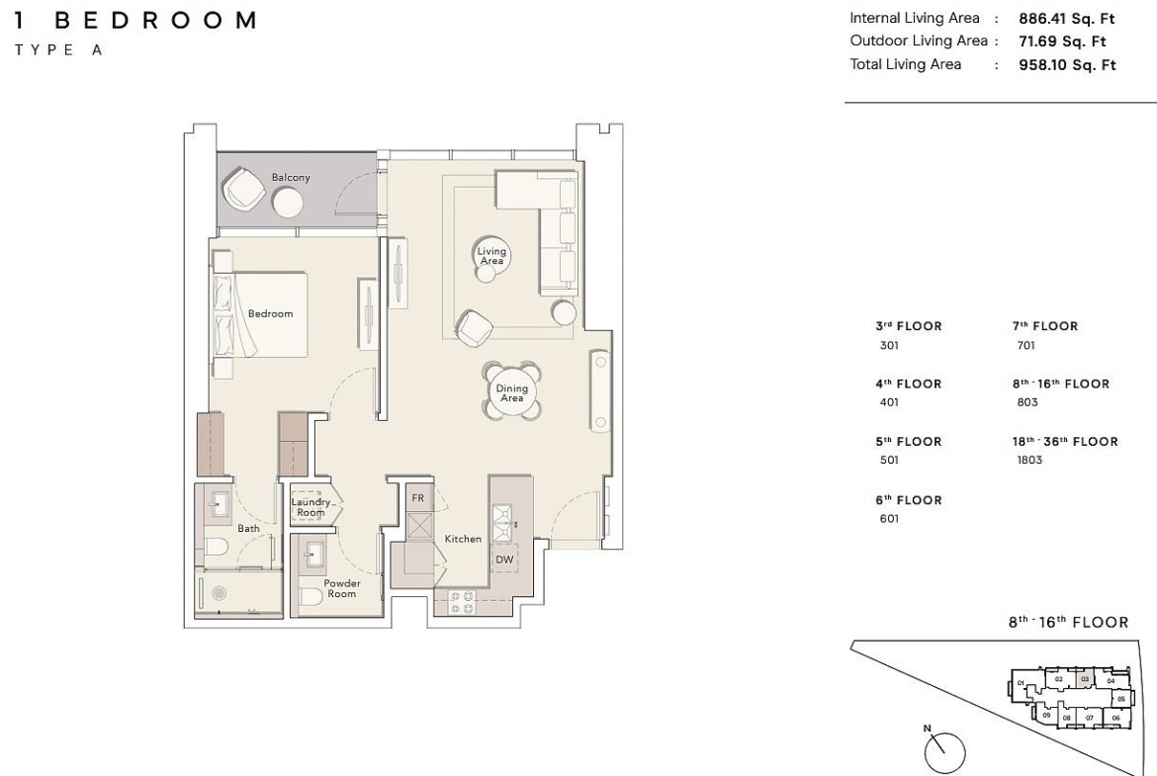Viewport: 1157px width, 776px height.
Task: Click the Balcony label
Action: click(291, 177)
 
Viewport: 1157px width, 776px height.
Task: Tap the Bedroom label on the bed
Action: click(270, 313)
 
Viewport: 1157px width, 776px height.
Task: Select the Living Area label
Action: click(491, 256)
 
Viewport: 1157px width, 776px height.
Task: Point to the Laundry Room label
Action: click(311, 507)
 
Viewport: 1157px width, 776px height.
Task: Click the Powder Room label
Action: click(341, 588)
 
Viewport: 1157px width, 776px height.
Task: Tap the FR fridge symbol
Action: click(418, 498)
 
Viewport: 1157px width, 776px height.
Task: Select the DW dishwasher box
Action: click(504, 560)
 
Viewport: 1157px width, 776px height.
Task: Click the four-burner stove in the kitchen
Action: click(462, 602)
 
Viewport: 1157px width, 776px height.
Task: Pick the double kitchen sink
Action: click(503, 522)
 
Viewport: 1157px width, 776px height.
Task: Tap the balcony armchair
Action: click(245, 189)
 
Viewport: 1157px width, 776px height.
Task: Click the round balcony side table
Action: click(287, 202)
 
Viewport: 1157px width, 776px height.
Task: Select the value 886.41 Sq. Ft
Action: click(1066, 19)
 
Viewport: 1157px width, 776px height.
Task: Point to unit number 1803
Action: click(1029, 460)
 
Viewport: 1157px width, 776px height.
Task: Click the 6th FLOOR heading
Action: click(909, 500)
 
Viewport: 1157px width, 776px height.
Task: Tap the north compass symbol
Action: click(943, 751)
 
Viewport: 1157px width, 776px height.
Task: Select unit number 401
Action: click(889, 402)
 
